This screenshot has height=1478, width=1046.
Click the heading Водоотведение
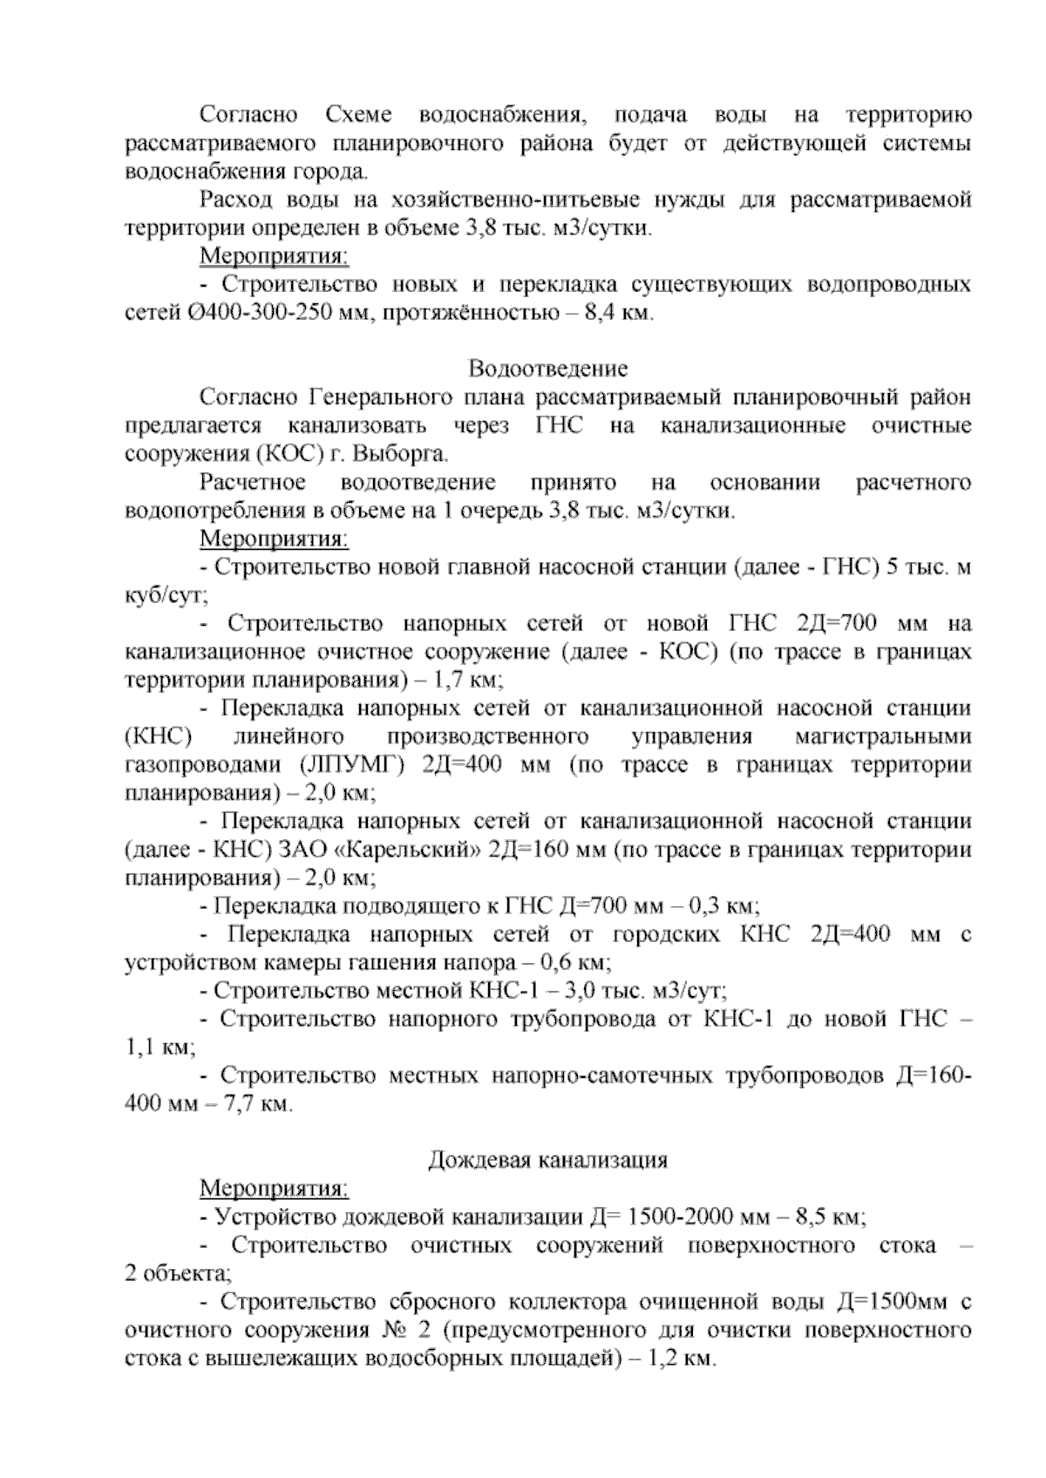coord(548,369)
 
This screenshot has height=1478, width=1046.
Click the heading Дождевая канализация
coord(548,1160)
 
